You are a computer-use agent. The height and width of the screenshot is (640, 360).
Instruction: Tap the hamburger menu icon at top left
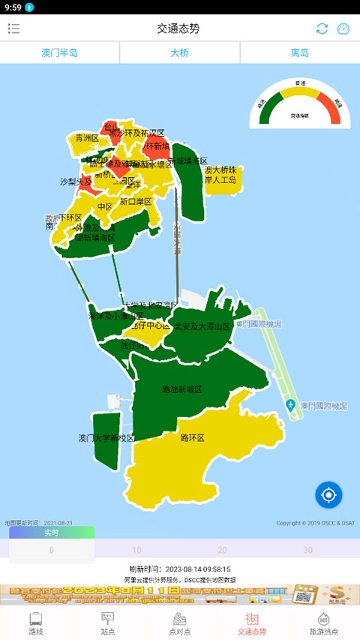pos(13,29)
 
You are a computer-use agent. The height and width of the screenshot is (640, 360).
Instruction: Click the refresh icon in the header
pos(322,29)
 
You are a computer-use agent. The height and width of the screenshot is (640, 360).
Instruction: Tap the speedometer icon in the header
pos(343,29)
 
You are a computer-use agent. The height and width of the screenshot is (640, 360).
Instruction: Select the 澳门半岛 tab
pos(60,53)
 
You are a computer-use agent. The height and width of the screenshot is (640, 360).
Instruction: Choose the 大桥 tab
pos(180,53)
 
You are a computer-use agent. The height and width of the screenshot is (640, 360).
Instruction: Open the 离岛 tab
pos(300,53)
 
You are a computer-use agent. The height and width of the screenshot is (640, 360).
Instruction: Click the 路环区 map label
pos(193,437)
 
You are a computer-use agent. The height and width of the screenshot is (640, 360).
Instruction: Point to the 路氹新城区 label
pos(182,390)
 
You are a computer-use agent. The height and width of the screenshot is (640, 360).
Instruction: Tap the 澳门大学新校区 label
pos(106,438)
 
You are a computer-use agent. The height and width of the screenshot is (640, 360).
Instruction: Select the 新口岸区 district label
pos(136,202)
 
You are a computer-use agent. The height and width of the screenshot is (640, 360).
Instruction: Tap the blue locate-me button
pos(328,494)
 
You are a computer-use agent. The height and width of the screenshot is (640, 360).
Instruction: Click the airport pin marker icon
pos(290,406)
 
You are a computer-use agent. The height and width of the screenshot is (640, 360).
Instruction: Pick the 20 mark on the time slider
pos(222,550)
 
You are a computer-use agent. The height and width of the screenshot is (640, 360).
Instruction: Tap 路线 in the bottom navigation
pos(36,623)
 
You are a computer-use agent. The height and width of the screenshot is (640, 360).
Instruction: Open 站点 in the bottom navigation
pos(108,623)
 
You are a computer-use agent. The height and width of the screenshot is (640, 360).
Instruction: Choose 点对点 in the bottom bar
pos(180,623)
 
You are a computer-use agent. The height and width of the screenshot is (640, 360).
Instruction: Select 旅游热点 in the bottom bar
pos(324,623)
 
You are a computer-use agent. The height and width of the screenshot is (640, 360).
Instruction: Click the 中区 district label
pos(105,206)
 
